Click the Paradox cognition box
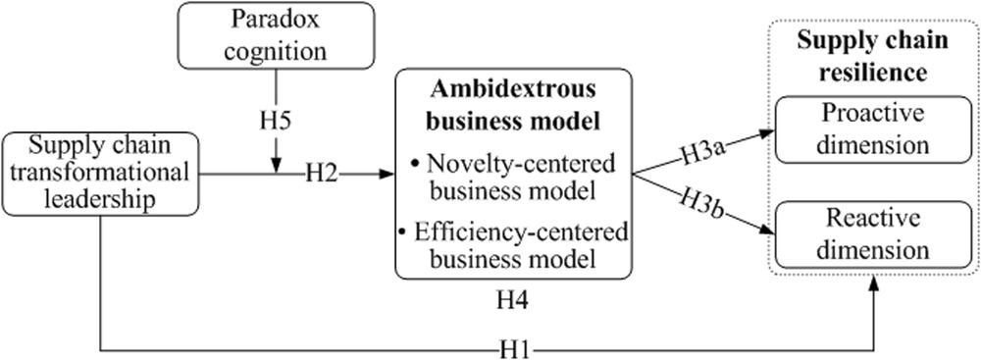[276, 35]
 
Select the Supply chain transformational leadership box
[100, 174]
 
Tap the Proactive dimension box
[874, 129]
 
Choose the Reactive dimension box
[874, 234]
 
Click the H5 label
[277, 119]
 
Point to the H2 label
[322, 174]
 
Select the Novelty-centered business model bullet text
[513, 178]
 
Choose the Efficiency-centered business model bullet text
[513, 245]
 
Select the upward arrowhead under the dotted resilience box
[874, 283]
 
